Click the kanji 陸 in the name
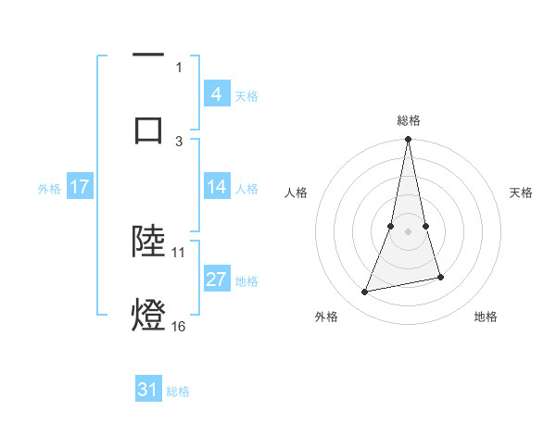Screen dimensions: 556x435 click(148, 241)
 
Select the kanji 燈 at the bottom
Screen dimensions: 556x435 click(148, 315)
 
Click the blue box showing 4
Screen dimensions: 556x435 click(216, 93)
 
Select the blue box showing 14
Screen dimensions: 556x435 click(216, 187)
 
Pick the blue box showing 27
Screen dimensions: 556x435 click(216, 280)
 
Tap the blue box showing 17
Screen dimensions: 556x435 click(80, 187)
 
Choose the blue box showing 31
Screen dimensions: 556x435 click(148, 390)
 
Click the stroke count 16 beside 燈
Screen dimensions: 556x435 click(179, 326)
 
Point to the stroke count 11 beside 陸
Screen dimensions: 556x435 click(179, 251)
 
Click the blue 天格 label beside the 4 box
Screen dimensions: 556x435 click(246, 95)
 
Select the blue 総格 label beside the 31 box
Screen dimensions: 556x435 click(178, 391)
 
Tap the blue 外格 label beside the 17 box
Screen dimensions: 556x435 click(49, 188)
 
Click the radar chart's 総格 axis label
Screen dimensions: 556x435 click(409, 120)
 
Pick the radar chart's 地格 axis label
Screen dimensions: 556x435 click(486, 317)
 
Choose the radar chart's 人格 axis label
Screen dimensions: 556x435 click(297, 193)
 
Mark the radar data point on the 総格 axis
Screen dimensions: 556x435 click(409, 140)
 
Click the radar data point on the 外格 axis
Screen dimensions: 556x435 click(365, 292)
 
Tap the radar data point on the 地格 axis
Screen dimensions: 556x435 click(440, 277)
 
